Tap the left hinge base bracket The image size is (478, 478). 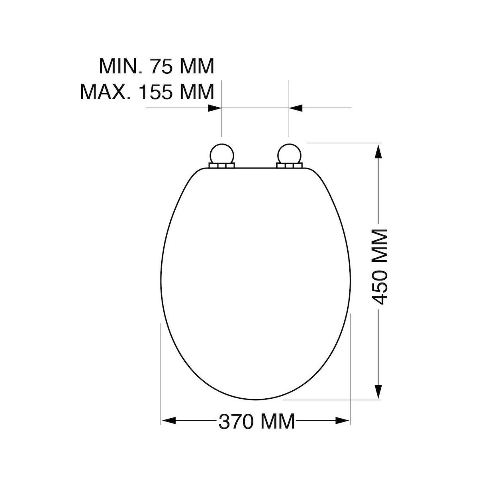click(x=222, y=166)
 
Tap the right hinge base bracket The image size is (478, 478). click(x=290, y=166)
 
